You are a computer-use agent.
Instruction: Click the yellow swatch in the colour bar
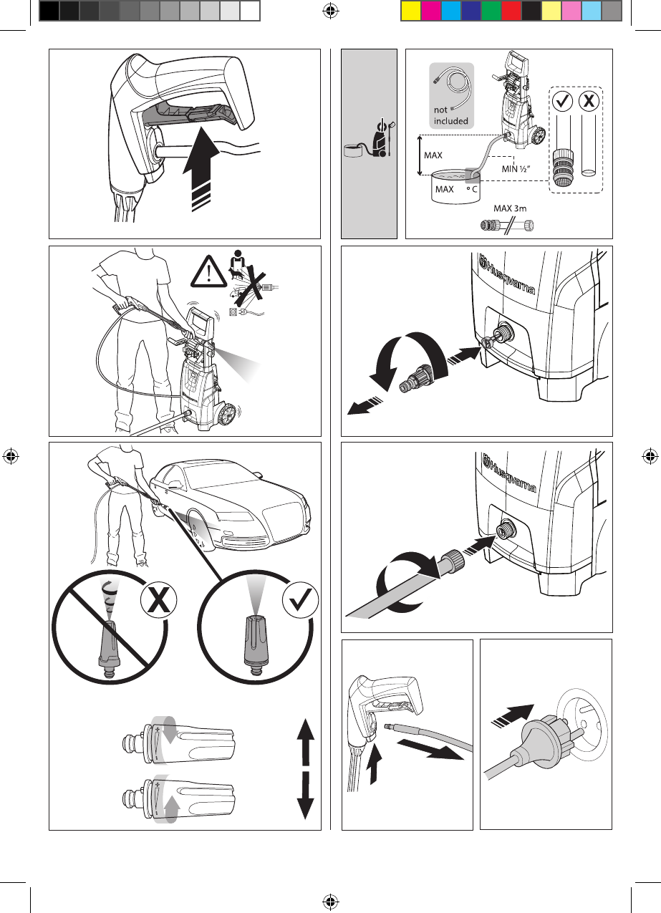coord(411,11)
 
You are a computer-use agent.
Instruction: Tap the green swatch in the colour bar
coord(491,11)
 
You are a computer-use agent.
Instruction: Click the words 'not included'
coord(450,115)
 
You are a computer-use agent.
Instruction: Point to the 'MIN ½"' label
coord(516,169)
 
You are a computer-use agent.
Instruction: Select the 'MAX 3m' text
coord(510,208)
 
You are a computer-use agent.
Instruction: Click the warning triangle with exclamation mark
coord(208,271)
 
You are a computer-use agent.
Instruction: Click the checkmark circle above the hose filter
coord(563,101)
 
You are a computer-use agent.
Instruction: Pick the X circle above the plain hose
coord(589,100)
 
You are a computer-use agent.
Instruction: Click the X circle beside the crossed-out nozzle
coord(158,600)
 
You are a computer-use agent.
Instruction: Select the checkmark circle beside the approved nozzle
coord(300,600)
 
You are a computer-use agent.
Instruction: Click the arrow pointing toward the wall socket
coord(512,716)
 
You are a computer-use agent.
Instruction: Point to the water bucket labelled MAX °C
coord(455,187)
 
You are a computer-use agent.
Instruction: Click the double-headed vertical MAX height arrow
coord(420,155)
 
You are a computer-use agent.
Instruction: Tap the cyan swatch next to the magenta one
coord(451,11)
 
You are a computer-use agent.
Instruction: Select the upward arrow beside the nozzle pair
coord(306,741)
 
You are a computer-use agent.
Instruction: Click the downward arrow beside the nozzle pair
coord(306,796)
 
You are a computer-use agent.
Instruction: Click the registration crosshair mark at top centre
coord(330,11)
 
